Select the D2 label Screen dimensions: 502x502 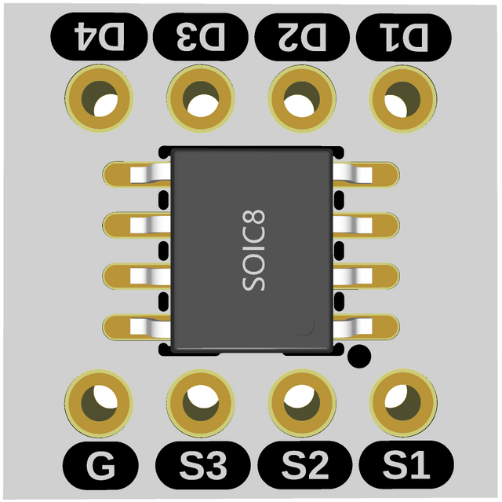tap(302, 36)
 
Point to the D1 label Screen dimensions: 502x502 tap(404, 36)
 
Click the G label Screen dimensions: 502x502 tap(100, 467)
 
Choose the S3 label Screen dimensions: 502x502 tap(202, 467)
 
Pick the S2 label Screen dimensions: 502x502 tap(303, 467)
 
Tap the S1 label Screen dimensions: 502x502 tap(405, 467)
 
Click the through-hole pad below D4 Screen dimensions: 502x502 tap(100, 98)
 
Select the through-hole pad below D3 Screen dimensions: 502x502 tap(201, 98)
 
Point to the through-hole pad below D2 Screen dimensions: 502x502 tap(302, 98)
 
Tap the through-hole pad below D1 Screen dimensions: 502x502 tap(403, 98)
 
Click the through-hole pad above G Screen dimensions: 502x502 tap(100, 402)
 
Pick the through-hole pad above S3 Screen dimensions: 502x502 tap(201, 402)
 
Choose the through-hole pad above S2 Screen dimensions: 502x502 tap(302, 402)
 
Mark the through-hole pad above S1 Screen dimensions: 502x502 tap(403, 402)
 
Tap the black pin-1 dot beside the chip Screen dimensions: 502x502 tap(359, 356)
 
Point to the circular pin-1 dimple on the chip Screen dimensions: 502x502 tap(304, 326)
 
